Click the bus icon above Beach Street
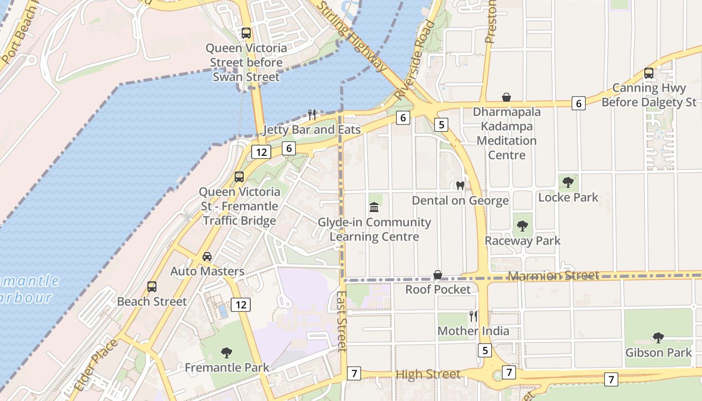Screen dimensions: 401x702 click(152, 287)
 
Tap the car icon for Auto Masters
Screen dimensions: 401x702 click(207, 257)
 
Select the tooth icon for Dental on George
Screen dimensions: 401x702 click(460, 186)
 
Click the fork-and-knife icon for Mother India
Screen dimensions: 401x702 click(473, 316)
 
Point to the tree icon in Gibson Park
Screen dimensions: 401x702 click(658, 338)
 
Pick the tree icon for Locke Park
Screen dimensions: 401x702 click(568, 182)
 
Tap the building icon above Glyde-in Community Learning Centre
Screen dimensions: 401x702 click(374, 208)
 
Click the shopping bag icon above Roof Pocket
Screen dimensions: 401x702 click(438, 275)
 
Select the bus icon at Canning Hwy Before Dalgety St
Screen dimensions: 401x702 click(649, 73)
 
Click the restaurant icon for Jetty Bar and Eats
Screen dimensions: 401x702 click(312, 115)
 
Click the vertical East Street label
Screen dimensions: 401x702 click(341, 321)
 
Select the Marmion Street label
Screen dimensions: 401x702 click(554, 276)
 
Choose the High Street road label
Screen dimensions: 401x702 click(428, 374)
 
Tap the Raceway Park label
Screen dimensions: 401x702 click(522, 241)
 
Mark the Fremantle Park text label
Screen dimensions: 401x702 click(227, 367)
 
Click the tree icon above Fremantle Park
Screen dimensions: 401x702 click(227, 353)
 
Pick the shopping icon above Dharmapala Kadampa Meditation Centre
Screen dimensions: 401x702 click(506, 97)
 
